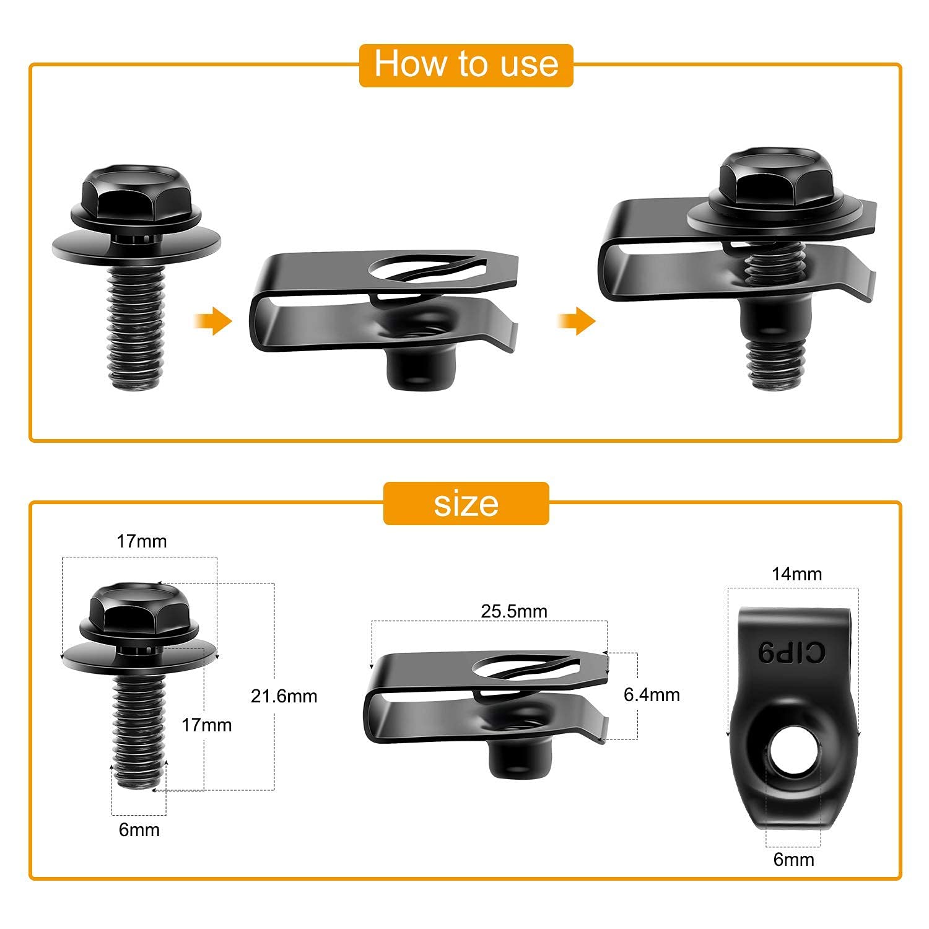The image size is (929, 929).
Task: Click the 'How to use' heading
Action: (466, 64)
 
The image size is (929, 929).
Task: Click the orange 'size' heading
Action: (466, 504)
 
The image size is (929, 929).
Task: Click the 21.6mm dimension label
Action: (284, 696)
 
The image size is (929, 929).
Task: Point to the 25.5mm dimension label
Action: (514, 611)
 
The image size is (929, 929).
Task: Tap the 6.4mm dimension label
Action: (652, 695)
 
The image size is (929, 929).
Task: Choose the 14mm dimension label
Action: (796, 574)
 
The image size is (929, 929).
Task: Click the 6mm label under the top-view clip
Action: (793, 859)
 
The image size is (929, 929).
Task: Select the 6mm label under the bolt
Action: (139, 829)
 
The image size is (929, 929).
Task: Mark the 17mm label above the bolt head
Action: (142, 541)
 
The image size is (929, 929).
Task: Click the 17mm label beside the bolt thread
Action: (206, 725)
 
